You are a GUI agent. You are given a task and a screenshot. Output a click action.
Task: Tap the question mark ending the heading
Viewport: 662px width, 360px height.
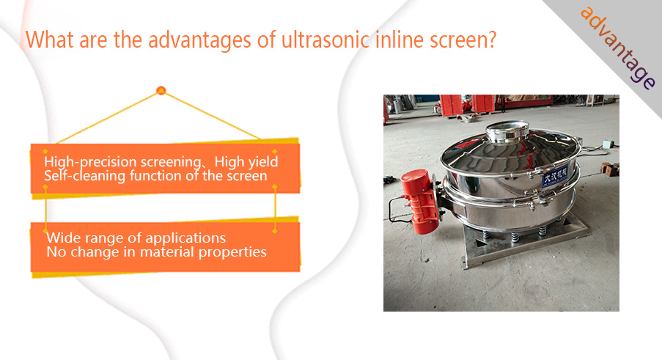[491, 40]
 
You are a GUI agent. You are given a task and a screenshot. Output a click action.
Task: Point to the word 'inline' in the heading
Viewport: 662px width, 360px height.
[400, 40]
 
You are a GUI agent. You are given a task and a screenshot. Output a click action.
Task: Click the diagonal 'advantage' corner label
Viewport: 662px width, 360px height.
[618, 47]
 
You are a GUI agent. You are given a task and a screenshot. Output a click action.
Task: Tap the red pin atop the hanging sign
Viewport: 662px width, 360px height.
[161, 90]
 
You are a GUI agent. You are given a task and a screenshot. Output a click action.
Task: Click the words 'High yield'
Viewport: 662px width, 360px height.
[246, 161]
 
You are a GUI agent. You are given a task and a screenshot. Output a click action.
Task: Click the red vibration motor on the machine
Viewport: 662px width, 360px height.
[419, 202]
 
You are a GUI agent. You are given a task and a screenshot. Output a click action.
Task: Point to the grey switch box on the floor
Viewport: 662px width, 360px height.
[608, 144]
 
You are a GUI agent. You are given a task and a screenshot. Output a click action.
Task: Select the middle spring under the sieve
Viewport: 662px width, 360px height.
[514, 238]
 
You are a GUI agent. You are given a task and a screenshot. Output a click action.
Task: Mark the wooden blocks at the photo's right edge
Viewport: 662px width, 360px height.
[610, 169]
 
